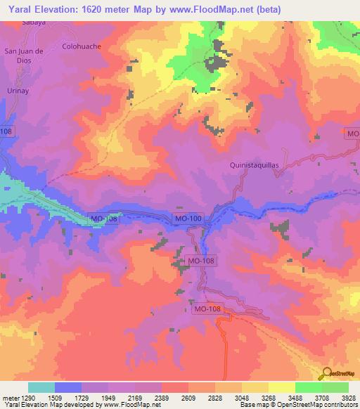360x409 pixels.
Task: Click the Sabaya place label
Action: [x=34, y=22]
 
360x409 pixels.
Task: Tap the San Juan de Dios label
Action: [x=25, y=55]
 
